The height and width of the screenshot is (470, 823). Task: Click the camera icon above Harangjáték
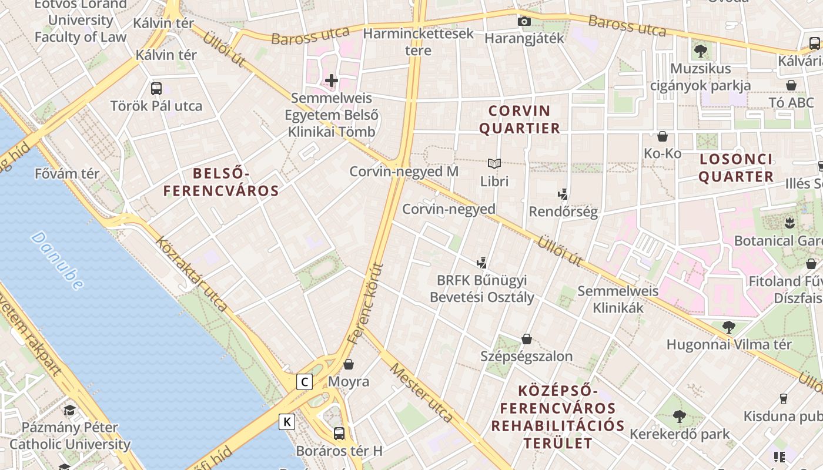coord(524,22)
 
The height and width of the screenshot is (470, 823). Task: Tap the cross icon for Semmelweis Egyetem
coord(332,80)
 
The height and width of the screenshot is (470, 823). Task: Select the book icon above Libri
coord(494,163)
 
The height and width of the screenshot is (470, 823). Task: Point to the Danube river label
coord(57,261)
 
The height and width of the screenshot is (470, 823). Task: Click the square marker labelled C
coord(304,382)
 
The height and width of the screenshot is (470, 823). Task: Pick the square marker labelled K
coord(287,421)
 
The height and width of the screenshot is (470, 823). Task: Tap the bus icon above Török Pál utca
coord(156,89)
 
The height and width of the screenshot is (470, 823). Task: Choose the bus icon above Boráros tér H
coord(339,434)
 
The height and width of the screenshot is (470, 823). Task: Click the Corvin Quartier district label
coord(520,119)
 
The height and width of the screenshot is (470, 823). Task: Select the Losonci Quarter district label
coord(736,167)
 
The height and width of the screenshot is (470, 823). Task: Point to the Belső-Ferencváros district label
coord(221,182)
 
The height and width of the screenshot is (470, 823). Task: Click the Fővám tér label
coord(67,174)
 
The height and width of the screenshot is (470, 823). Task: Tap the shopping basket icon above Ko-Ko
coord(663,136)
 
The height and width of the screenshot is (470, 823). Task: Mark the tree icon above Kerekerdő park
coord(680,417)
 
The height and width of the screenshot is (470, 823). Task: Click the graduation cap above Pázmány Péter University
coord(70,410)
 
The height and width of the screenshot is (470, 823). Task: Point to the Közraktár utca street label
coord(191,273)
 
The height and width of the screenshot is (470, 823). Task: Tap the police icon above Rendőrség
coord(563,194)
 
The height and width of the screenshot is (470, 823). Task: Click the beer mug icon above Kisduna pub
coord(783,399)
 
